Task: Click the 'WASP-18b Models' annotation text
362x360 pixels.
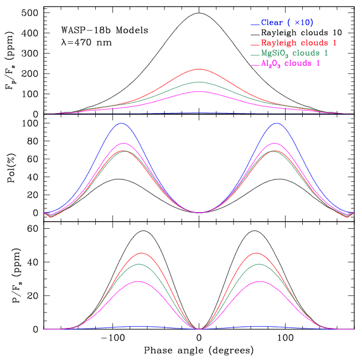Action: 105,30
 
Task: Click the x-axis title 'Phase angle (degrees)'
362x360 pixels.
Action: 199,351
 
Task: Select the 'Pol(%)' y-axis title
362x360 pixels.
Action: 12,167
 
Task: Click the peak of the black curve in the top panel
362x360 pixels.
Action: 199,13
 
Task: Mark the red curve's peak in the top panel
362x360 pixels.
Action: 199,69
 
